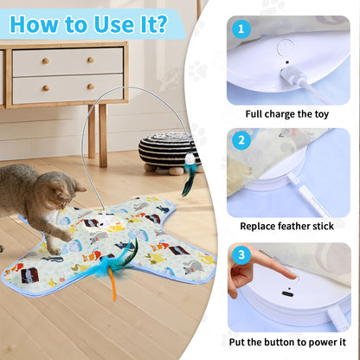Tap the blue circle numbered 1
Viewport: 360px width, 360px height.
(242, 29)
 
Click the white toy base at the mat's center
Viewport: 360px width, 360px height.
(101, 219)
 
